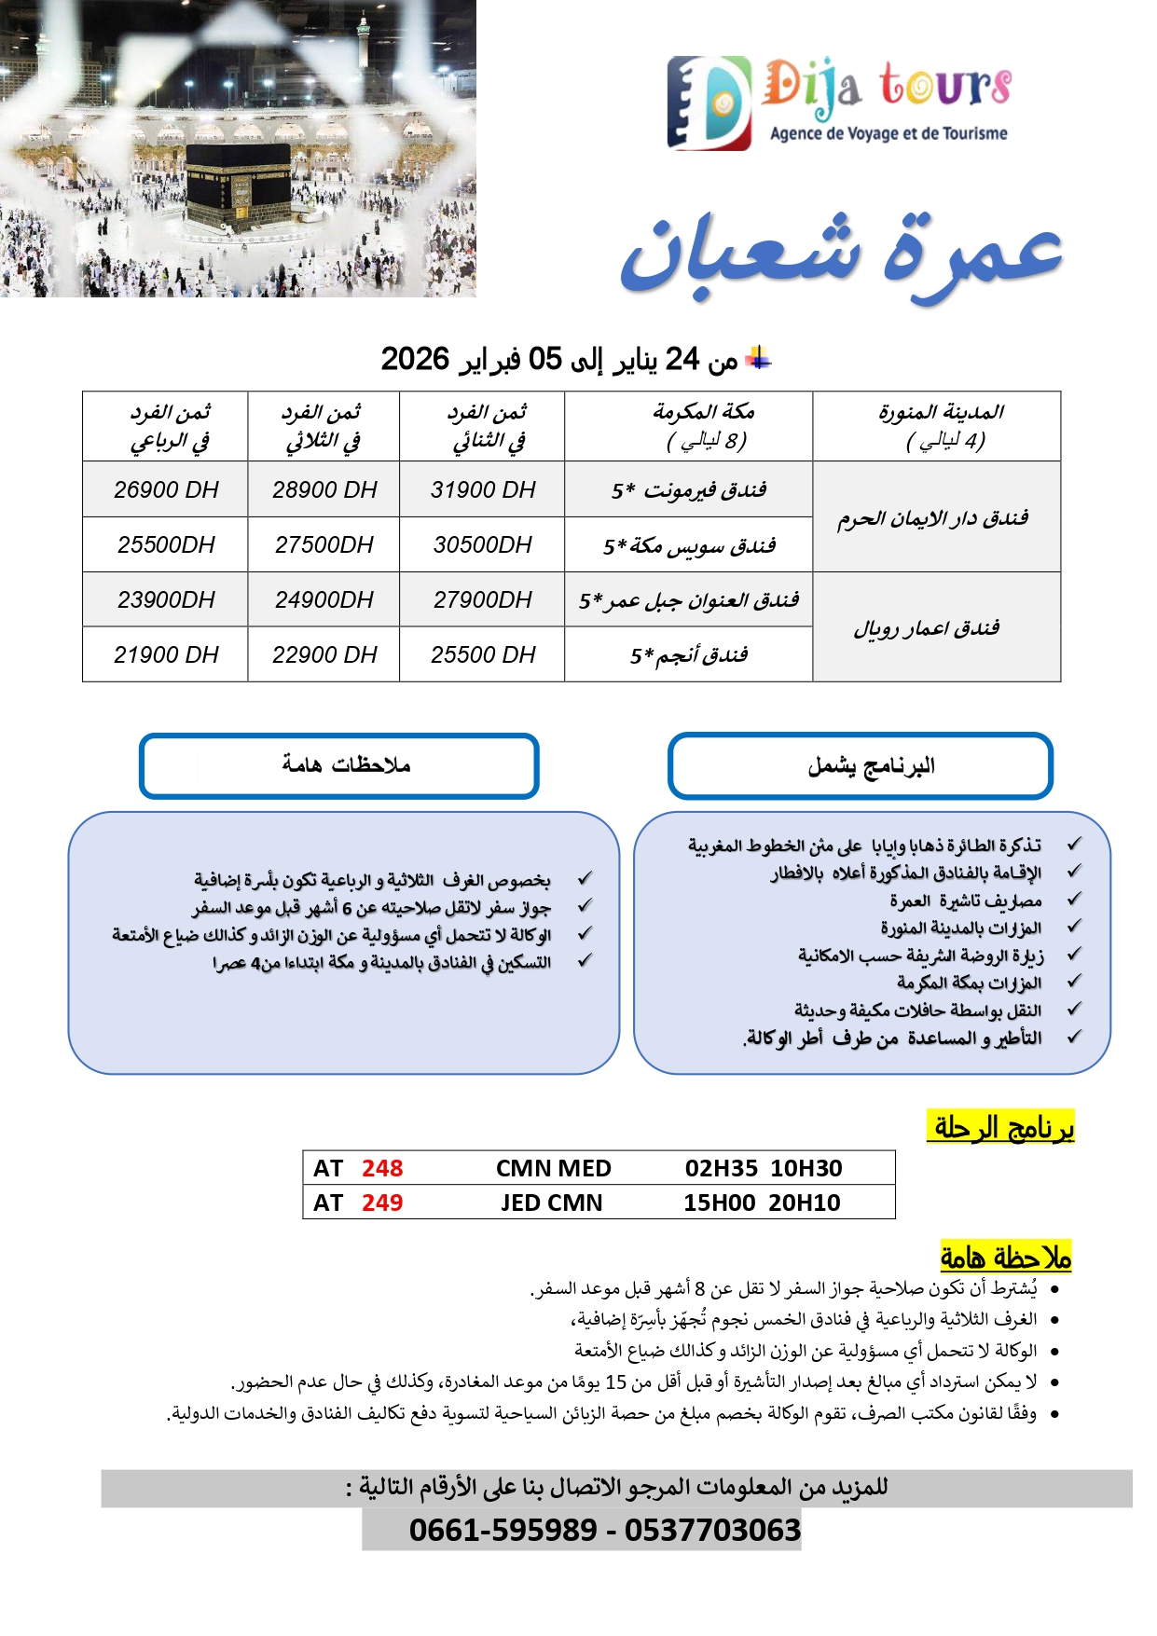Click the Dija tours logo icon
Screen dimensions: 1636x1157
[709, 103]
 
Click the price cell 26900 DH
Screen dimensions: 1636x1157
[166, 490]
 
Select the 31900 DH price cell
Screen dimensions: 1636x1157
[483, 490]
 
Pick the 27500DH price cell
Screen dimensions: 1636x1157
[324, 545]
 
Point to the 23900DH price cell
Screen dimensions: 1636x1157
[166, 600]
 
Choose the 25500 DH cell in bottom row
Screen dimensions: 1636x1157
[483, 655]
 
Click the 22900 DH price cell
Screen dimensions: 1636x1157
[324, 655]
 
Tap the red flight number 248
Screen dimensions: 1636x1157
[382, 1169]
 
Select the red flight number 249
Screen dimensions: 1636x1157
[382, 1203]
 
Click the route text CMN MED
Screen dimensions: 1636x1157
[553, 1169]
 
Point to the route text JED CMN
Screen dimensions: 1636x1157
[551, 1203]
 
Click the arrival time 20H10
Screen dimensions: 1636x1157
[805, 1203]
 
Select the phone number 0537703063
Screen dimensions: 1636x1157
[712, 1531]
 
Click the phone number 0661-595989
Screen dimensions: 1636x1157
[503, 1531]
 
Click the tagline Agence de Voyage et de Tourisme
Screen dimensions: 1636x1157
[888, 133]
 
